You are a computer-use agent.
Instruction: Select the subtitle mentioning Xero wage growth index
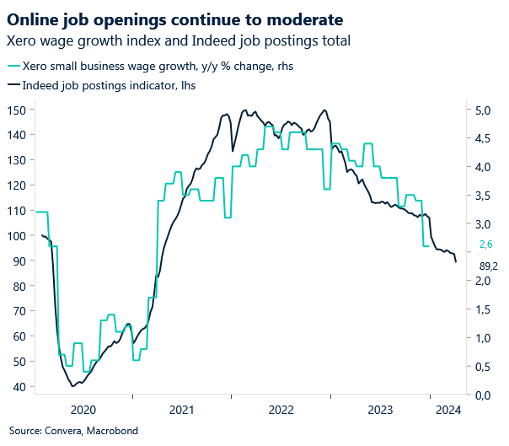178,40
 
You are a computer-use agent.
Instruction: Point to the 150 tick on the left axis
17,110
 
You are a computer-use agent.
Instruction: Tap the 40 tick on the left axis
19,387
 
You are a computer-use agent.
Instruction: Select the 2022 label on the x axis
281,410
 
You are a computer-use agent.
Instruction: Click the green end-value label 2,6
485,244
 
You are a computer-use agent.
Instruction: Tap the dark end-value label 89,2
488,266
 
